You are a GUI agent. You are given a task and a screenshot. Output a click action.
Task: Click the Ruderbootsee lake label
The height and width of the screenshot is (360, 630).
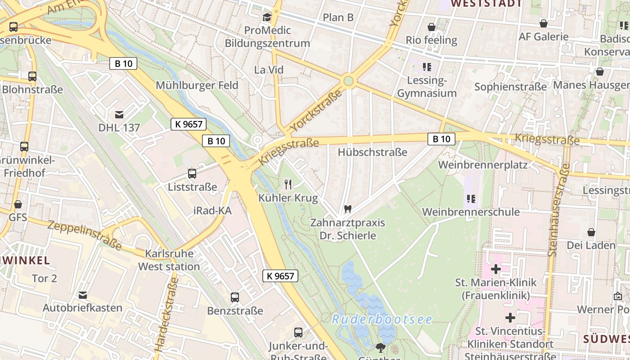pyautogui.click(x=382, y=319)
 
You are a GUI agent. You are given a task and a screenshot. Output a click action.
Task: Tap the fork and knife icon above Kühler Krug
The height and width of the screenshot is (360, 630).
pyautogui.click(x=288, y=184)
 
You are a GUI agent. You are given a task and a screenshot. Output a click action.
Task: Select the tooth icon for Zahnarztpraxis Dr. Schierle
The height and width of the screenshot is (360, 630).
pyautogui.click(x=347, y=209)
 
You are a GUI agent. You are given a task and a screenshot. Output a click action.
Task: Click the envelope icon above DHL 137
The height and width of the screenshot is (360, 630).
pyautogui.click(x=119, y=115)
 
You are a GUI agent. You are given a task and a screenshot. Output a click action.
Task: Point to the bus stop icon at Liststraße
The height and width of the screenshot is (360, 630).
pyautogui.click(x=192, y=174)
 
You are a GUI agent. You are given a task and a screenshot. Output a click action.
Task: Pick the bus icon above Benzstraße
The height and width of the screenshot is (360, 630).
pyautogui.click(x=235, y=297)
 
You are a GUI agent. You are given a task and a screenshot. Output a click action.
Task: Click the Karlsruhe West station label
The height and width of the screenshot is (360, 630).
pyautogui.click(x=169, y=260)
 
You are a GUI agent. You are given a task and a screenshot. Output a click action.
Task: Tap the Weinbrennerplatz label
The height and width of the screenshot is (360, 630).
pyautogui.click(x=482, y=165)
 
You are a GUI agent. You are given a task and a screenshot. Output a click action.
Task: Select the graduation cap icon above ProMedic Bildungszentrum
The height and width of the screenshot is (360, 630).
pyautogui.click(x=267, y=18)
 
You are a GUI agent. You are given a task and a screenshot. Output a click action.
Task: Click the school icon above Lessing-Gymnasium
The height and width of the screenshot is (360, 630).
pyautogui.click(x=427, y=67)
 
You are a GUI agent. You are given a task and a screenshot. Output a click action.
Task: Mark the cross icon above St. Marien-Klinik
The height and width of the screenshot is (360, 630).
pyautogui.click(x=495, y=269)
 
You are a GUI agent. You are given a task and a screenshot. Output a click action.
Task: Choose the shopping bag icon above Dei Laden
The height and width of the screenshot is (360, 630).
pyautogui.click(x=591, y=232)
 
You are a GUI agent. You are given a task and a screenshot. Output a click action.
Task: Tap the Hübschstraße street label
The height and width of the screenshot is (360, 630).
pyautogui.click(x=372, y=152)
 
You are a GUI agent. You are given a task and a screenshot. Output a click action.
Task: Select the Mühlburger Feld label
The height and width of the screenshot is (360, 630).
pyautogui.click(x=197, y=85)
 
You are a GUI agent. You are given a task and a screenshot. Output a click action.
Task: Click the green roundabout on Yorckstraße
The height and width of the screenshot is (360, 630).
pyautogui.click(x=348, y=81)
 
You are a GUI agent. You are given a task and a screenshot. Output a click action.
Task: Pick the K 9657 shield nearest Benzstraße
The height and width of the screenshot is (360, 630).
pyautogui.click(x=280, y=276)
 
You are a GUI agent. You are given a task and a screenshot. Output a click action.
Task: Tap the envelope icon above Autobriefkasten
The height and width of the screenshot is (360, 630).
pyautogui.click(x=82, y=295)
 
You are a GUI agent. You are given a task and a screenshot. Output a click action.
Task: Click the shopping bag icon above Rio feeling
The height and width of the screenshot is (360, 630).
pyautogui.click(x=431, y=27)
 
